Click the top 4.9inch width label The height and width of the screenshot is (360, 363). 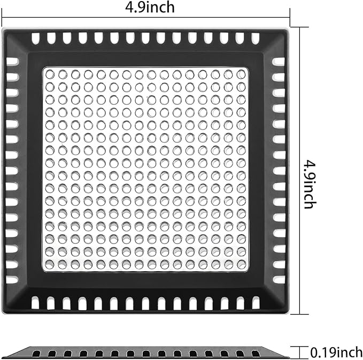point(150,7)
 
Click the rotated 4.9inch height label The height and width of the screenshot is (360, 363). point(310,184)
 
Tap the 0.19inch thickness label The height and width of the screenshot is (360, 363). point(336,353)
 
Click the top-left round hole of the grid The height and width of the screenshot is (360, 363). point(50,74)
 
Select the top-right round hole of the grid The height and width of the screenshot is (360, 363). point(241,74)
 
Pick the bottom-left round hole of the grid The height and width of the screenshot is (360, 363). point(50,264)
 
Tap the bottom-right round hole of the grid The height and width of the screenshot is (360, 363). point(241,264)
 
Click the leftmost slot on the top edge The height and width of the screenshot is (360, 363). point(35,39)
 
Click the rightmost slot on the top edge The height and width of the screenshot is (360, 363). point(256,39)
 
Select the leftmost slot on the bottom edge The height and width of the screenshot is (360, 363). point(35,302)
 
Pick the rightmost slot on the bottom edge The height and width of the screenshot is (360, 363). point(256,302)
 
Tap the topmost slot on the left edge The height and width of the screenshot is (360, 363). point(12,62)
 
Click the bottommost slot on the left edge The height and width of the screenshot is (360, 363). point(12,280)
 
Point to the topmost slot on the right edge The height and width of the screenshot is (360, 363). point(279,62)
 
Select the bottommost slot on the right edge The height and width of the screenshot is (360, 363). point(279,280)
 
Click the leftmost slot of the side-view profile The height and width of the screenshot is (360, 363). point(36,354)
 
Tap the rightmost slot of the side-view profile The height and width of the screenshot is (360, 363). point(255,354)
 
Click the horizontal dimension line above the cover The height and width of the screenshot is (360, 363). point(146,18)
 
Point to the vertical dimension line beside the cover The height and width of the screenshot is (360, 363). point(300,171)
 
